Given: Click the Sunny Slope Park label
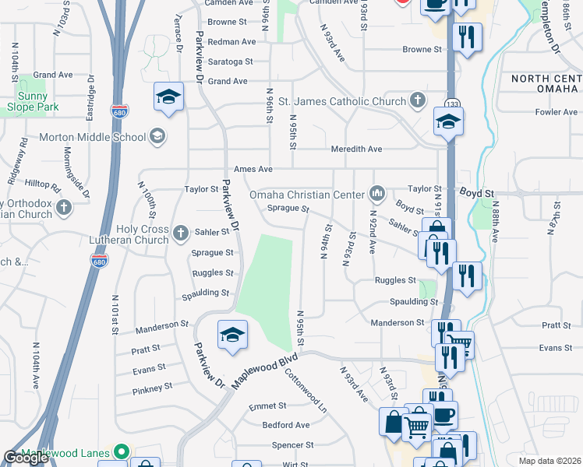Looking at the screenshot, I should pos(27,102).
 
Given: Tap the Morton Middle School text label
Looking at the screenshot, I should pos(93,137).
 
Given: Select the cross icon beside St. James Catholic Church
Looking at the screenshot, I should pos(418,100).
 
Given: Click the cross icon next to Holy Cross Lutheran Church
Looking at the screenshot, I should pos(180,232).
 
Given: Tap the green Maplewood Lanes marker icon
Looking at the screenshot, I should pos(120,451).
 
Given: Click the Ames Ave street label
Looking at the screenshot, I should pos(253,169).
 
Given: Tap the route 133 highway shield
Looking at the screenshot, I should pos(450,104).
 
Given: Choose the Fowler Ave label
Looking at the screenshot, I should pos(556,112).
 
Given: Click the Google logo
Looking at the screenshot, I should pos(26,458).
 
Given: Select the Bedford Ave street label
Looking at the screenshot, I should pos(286,425).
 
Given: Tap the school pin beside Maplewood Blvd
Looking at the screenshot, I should pos(232,335).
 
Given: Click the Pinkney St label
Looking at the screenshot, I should pos(152,388).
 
